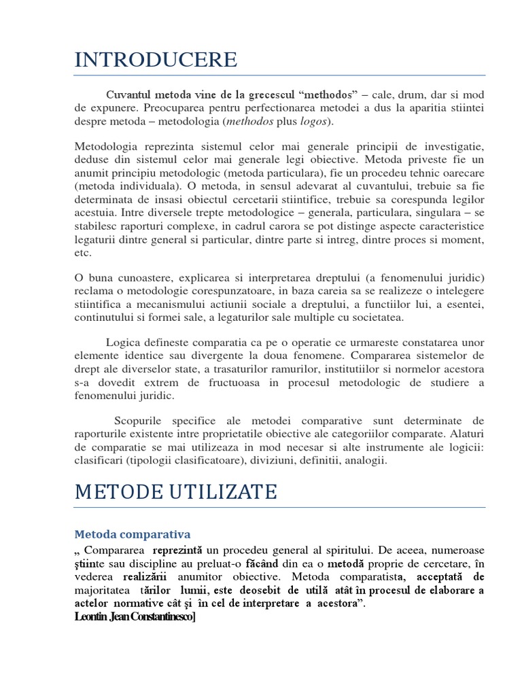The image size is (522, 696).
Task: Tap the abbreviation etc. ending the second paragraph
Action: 82,252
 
